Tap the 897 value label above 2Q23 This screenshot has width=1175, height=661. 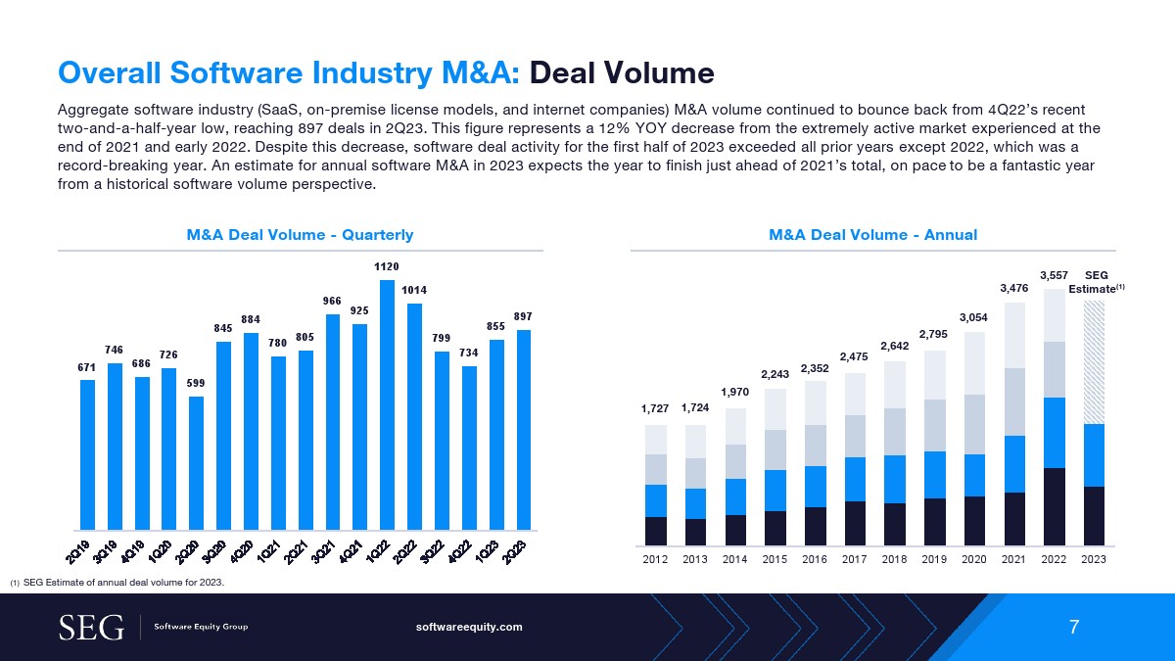point(524,317)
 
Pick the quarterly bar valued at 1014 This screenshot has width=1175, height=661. point(414,416)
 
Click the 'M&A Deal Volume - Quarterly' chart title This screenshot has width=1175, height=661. point(300,235)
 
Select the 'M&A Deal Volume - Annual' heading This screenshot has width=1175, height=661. point(873,235)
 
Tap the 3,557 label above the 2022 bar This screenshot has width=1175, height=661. point(1054,277)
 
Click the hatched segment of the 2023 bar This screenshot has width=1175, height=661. point(1094,362)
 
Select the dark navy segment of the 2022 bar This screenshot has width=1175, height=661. point(1054,506)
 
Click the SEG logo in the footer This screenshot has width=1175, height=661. point(92,627)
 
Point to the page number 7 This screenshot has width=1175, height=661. point(1074,627)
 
